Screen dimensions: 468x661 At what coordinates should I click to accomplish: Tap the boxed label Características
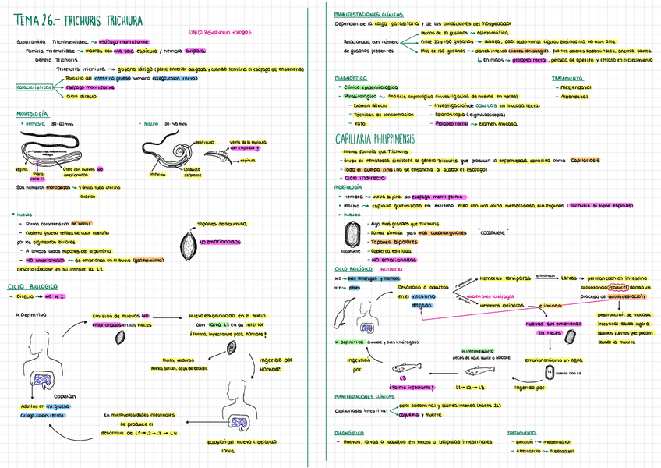pyautogui.click(x=36, y=87)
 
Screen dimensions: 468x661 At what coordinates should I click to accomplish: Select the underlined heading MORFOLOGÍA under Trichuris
pyautogui.click(x=31, y=114)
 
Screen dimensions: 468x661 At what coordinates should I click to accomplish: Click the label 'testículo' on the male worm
pyautogui.click(x=205, y=142)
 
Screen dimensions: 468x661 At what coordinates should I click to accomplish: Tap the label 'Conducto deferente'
pyautogui.click(x=193, y=172)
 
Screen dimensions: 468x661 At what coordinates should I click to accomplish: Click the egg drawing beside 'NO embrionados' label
pyautogui.click(x=188, y=241)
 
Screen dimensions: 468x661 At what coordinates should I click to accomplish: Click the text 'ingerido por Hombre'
pyautogui.click(x=275, y=364)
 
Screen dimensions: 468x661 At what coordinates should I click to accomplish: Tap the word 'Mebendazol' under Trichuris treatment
pyautogui.click(x=575, y=87)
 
